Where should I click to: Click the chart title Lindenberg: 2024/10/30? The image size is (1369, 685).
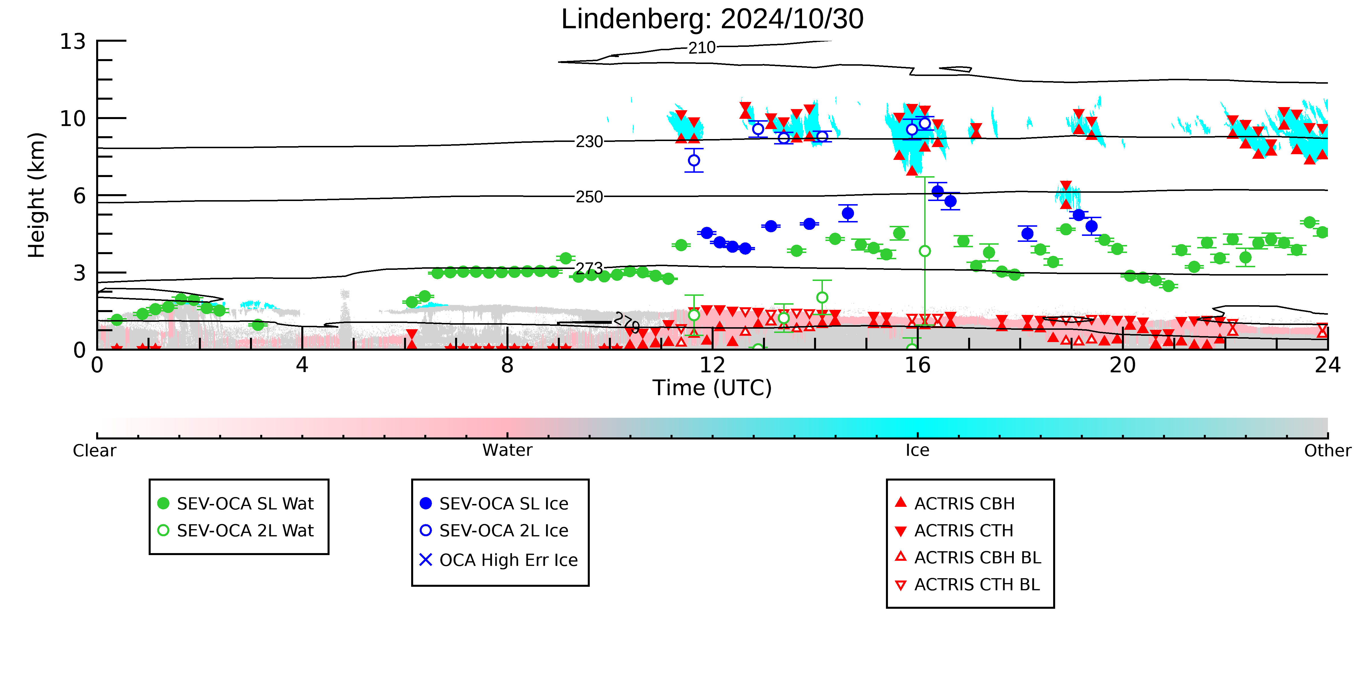pos(712,20)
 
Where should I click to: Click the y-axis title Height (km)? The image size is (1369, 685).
pos(37,195)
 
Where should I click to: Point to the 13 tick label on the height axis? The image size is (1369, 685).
pos(73,41)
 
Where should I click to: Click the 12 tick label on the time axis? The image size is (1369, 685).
pos(712,365)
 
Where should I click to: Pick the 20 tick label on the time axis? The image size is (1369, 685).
pos(1122,365)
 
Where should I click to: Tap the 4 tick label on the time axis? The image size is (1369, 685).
pos(302,365)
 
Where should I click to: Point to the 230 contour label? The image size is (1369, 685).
pos(589,141)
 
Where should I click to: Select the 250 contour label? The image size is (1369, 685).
pos(589,197)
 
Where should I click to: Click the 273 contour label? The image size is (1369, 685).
pos(589,268)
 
